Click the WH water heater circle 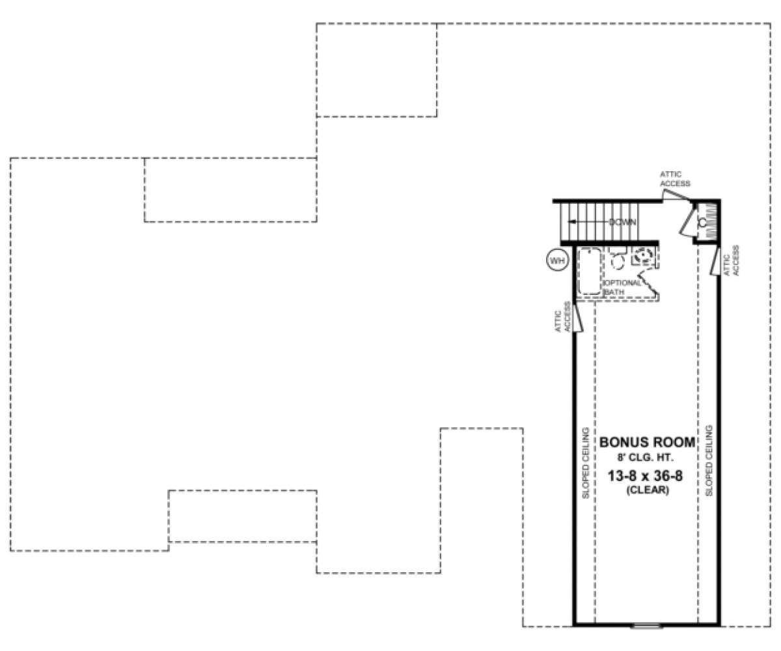pyautogui.click(x=557, y=260)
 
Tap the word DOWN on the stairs pyautogui.click(x=622, y=222)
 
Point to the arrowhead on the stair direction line pyautogui.click(x=571, y=222)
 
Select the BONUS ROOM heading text pyautogui.click(x=647, y=442)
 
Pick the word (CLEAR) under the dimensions pyautogui.click(x=648, y=490)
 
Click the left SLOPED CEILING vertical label pyautogui.click(x=586, y=463)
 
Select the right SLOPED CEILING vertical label pyautogui.click(x=709, y=461)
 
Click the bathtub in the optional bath pyautogui.click(x=590, y=271)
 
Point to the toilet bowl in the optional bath pyautogui.click(x=618, y=261)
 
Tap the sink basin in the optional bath pyautogui.click(x=642, y=256)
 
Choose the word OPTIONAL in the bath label pyautogui.click(x=623, y=283)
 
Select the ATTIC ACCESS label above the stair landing pyautogui.click(x=675, y=179)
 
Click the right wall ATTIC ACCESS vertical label pyautogui.click(x=732, y=261)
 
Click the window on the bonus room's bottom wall pyautogui.click(x=646, y=626)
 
